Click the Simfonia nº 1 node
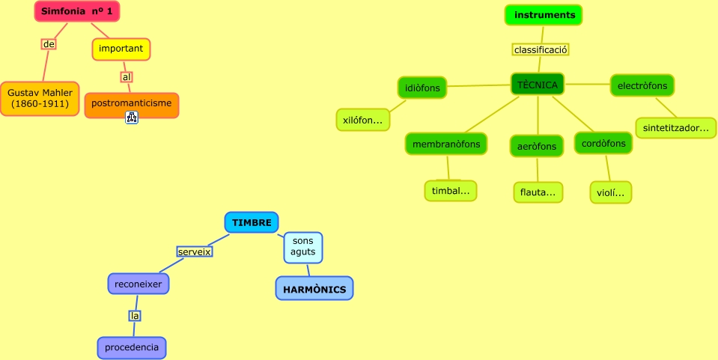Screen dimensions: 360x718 [x=77, y=11]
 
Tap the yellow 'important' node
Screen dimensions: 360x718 [x=121, y=49]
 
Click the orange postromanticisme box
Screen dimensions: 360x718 [x=132, y=103]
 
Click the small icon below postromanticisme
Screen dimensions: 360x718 [x=132, y=118]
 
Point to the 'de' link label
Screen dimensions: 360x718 [x=49, y=44]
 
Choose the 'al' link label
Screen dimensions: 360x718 [x=127, y=76]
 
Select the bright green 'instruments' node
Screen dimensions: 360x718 [x=544, y=15]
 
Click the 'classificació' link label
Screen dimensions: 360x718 [x=541, y=49]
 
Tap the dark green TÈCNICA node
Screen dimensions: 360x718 [x=538, y=85]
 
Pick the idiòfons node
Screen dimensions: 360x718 [x=422, y=88]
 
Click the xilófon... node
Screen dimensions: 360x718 [x=362, y=120]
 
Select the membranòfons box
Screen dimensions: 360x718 [x=446, y=142]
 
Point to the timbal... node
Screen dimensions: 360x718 [x=451, y=191]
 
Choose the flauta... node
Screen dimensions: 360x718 [x=538, y=192]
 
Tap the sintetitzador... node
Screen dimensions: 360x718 [x=675, y=128]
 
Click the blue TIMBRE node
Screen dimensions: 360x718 [x=252, y=222]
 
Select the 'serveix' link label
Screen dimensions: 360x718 [x=195, y=251]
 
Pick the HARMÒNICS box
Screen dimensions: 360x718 [x=314, y=288]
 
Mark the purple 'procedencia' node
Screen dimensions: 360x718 [x=132, y=347]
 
